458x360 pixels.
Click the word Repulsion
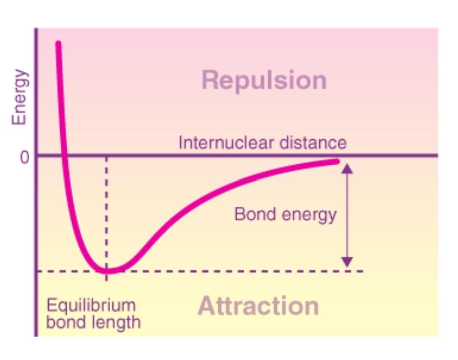pyautogui.click(x=264, y=80)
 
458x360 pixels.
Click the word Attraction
pyautogui.click(x=258, y=306)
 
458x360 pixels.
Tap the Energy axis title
pyautogui.click(x=19, y=97)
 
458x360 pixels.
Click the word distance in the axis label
pyautogui.click(x=313, y=143)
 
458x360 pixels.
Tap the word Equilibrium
pyautogui.click(x=91, y=306)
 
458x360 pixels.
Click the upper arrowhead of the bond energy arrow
pyautogui.click(x=347, y=169)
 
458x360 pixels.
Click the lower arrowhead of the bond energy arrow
pyautogui.click(x=347, y=262)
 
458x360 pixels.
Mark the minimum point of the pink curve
pyautogui.click(x=107, y=270)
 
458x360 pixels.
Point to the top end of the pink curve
pyautogui.click(x=58, y=43)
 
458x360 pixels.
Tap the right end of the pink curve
pyautogui.click(x=337, y=161)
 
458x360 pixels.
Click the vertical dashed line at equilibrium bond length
pyautogui.click(x=106, y=212)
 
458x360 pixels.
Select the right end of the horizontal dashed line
pyautogui.click(x=362, y=271)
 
